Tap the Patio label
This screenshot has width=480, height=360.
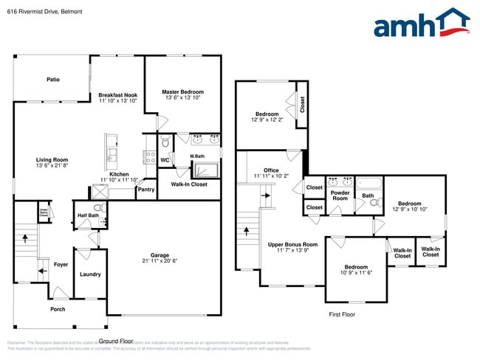(x=53, y=79)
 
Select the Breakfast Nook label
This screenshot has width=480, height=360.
(x=118, y=94)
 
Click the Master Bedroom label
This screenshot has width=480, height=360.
(x=182, y=91)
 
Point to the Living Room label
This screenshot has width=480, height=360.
(x=52, y=159)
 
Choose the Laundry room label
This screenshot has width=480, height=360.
(x=90, y=274)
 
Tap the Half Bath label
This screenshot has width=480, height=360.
(x=88, y=215)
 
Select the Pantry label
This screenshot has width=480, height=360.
(x=145, y=189)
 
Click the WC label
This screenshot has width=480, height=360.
(x=165, y=159)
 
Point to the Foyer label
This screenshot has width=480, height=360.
(x=61, y=263)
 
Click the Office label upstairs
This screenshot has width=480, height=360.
(x=271, y=170)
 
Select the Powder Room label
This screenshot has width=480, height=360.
(x=340, y=195)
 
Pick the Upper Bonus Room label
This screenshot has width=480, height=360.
(x=292, y=244)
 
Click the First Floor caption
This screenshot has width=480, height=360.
(x=342, y=314)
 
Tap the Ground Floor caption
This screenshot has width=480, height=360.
(x=116, y=341)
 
